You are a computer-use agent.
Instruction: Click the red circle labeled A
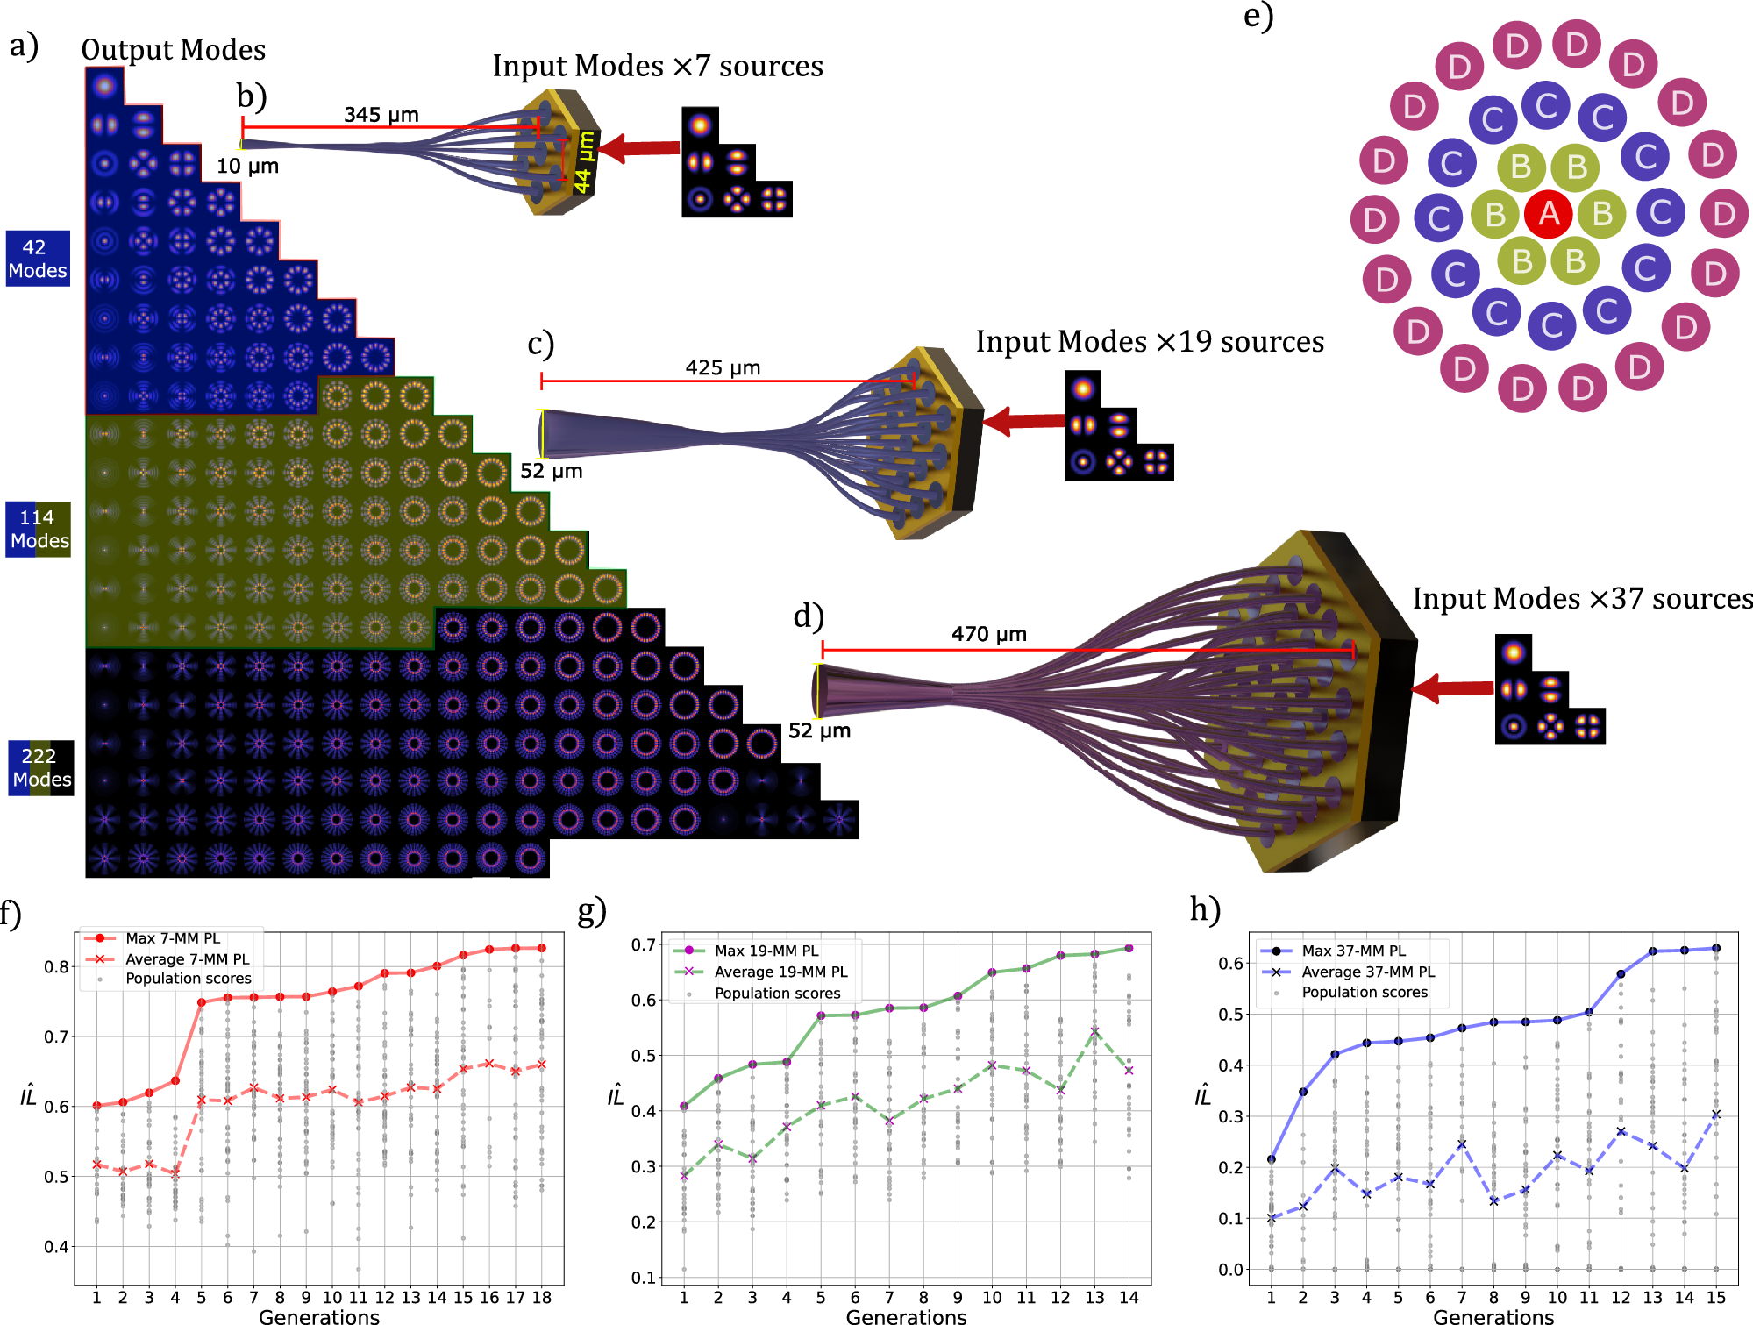(1549, 213)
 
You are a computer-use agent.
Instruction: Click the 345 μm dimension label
(381, 115)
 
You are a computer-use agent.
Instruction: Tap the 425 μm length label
(723, 367)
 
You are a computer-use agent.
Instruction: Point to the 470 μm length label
(988, 633)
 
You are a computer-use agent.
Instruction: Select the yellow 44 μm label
(585, 162)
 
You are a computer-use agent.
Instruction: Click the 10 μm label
(247, 166)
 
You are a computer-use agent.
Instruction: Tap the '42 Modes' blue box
(38, 259)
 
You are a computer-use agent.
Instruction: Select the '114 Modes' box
(39, 529)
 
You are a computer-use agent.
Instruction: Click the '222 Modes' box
(41, 767)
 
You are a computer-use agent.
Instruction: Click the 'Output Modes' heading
(173, 50)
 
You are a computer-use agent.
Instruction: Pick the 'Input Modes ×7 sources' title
(657, 66)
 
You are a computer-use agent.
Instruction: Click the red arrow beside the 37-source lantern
(1452, 688)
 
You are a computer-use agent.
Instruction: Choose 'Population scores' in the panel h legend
(1364, 992)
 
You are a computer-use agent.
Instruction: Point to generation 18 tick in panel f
(542, 1297)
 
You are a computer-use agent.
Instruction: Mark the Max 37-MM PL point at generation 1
(1272, 1158)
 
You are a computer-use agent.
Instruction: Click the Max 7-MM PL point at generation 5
(202, 1002)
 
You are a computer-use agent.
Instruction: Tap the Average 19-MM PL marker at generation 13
(1094, 1031)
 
